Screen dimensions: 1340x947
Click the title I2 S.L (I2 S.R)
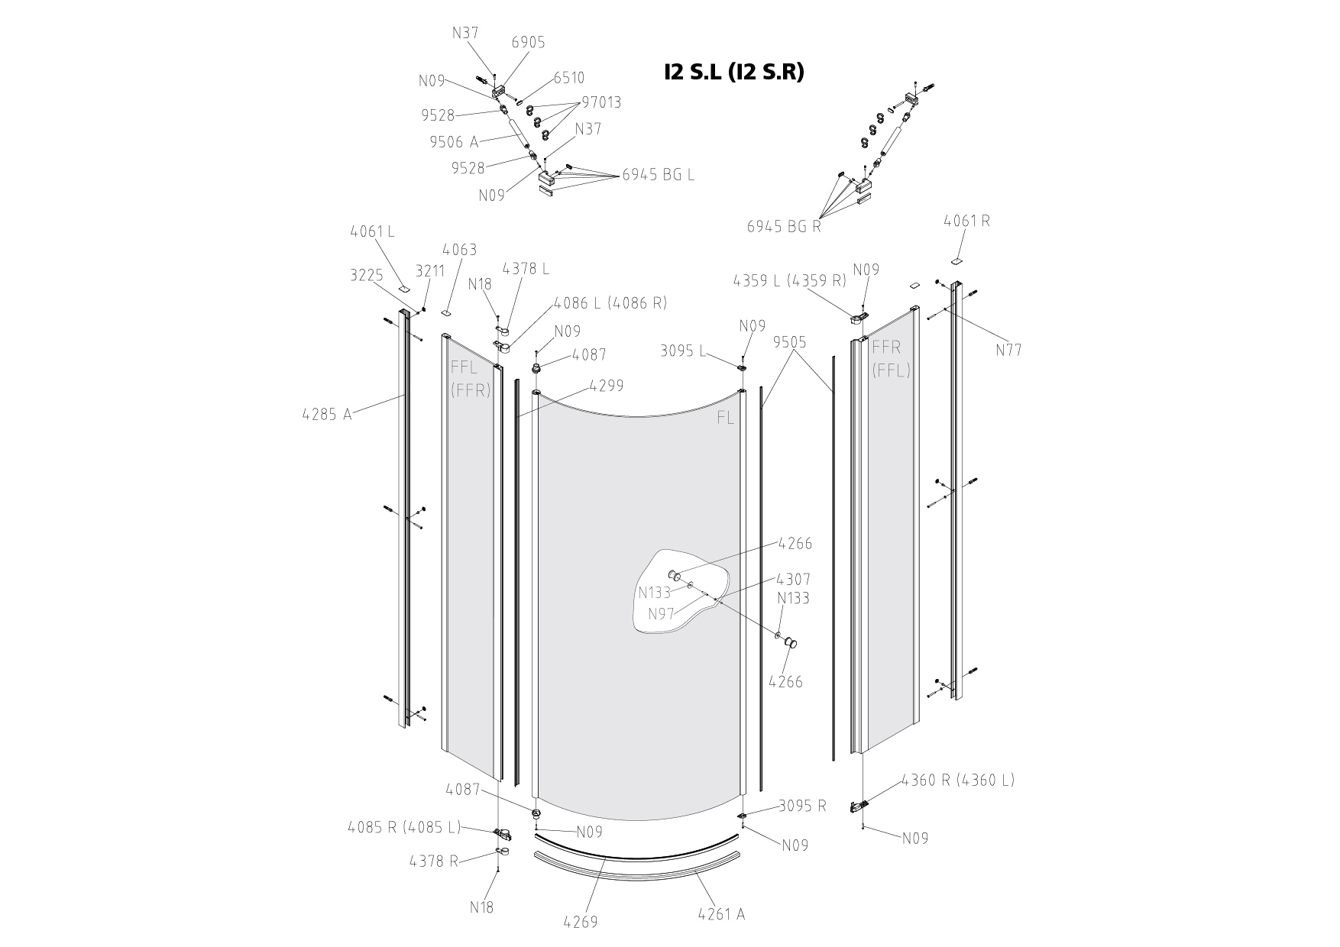[733, 72]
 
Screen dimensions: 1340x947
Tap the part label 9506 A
[454, 141]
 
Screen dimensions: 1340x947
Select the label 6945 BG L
[659, 174]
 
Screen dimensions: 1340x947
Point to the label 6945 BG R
[783, 226]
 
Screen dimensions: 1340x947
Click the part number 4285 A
[327, 415]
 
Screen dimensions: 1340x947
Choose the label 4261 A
[721, 913]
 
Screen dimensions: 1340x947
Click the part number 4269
[581, 922]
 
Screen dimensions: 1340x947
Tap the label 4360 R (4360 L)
[958, 780]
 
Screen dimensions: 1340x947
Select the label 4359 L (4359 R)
[790, 280]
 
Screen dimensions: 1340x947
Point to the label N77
[1008, 350]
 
